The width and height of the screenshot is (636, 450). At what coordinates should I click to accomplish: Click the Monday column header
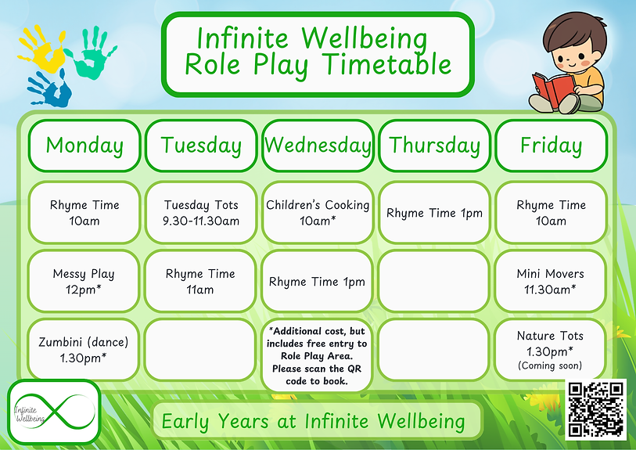(x=84, y=146)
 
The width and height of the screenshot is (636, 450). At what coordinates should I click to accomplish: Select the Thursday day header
(x=434, y=146)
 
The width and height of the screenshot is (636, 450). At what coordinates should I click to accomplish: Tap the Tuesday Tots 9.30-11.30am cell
(x=201, y=213)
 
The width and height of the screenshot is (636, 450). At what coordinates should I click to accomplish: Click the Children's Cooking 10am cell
(x=318, y=213)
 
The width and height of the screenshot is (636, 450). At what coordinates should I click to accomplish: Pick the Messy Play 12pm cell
(x=84, y=281)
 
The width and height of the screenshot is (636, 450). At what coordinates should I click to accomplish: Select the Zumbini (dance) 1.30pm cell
(x=84, y=350)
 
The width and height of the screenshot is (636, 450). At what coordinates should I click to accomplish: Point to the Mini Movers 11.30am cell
(x=551, y=281)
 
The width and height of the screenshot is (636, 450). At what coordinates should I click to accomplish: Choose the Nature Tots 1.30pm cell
(x=551, y=350)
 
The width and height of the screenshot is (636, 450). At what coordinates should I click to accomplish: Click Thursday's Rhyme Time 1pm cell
(x=434, y=213)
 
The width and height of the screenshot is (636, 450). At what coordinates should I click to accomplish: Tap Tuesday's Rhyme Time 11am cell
(x=200, y=281)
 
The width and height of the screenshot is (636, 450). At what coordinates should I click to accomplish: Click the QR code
(x=596, y=409)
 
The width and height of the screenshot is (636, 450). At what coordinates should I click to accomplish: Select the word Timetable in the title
(x=388, y=65)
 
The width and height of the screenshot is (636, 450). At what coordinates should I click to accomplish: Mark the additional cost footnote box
(x=317, y=356)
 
